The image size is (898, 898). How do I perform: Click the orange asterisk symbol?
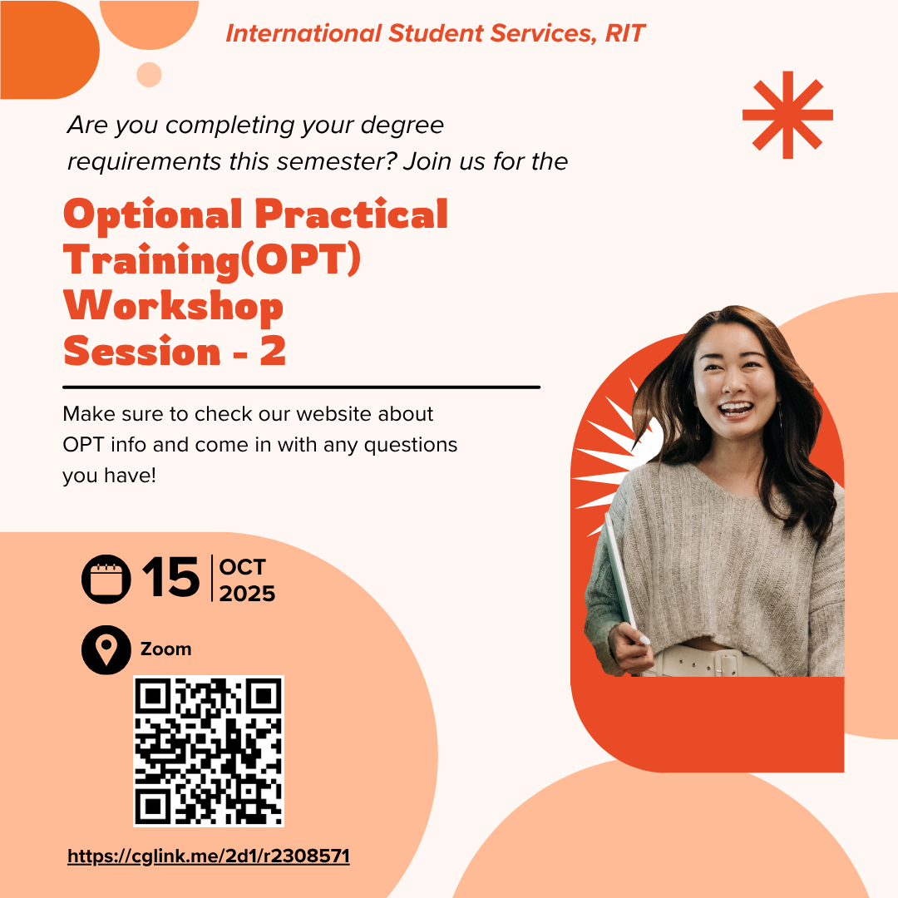pos(787,115)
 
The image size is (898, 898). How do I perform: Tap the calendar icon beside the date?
pos(106,579)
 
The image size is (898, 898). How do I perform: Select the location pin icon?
pos(106,649)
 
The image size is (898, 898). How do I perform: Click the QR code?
pos(209,751)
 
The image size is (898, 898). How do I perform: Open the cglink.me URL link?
pos(209,856)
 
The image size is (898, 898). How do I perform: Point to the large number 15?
pos(170,578)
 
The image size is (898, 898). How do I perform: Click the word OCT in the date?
pos(242,568)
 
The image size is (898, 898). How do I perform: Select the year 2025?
pos(247,594)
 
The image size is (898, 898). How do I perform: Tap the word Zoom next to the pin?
pos(165,649)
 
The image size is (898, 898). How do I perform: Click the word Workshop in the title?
pos(173,306)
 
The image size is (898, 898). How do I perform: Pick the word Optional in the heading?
pos(152,215)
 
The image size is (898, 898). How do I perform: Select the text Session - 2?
pos(175,352)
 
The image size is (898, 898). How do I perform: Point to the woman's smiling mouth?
pos(734,408)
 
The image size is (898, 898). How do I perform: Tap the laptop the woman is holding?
pos(619,574)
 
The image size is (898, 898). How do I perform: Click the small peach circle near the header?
pos(149,75)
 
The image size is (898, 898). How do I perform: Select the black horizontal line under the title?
pos(301,387)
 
